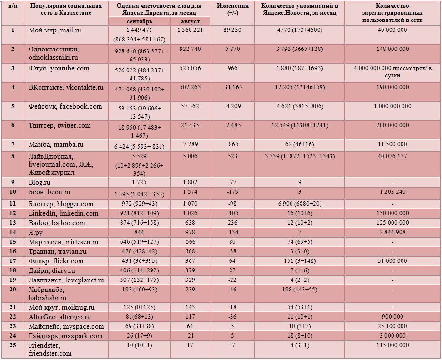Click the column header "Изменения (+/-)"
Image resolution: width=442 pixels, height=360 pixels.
(x=232, y=10)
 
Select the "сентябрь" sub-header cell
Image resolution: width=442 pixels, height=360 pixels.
(x=139, y=21)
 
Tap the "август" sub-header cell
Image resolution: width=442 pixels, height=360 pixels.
(x=190, y=21)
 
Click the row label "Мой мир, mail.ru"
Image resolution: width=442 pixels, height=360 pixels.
(x=55, y=30)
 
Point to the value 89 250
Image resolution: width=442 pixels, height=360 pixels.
(x=232, y=30)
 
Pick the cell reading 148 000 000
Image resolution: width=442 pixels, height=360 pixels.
(x=392, y=49)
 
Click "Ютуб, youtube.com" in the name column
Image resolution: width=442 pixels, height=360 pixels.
(x=59, y=68)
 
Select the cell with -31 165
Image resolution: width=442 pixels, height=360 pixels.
(x=232, y=87)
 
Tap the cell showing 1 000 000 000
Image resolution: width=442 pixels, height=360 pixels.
(x=392, y=106)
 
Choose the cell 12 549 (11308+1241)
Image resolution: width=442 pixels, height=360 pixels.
(x=300, y=125)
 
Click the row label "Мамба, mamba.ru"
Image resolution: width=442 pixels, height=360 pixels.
(x=56, y=145)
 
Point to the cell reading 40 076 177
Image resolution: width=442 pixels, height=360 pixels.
(x=392, y=156)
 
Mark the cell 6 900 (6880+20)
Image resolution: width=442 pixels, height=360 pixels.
(x=300, y=204)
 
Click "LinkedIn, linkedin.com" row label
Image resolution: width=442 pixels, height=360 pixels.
(x=63, y=213)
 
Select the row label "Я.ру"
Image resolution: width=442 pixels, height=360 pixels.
(x=36, y=232)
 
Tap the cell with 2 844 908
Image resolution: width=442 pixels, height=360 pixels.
(x=392, y=232)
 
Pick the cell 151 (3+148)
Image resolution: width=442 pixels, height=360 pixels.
(x=300, y=261)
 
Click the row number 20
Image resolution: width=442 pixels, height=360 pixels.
(x=13, y=290)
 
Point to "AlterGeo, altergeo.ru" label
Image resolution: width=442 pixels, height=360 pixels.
(x=60, y=317)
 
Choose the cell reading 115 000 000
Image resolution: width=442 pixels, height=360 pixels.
(x=392, y=345)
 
